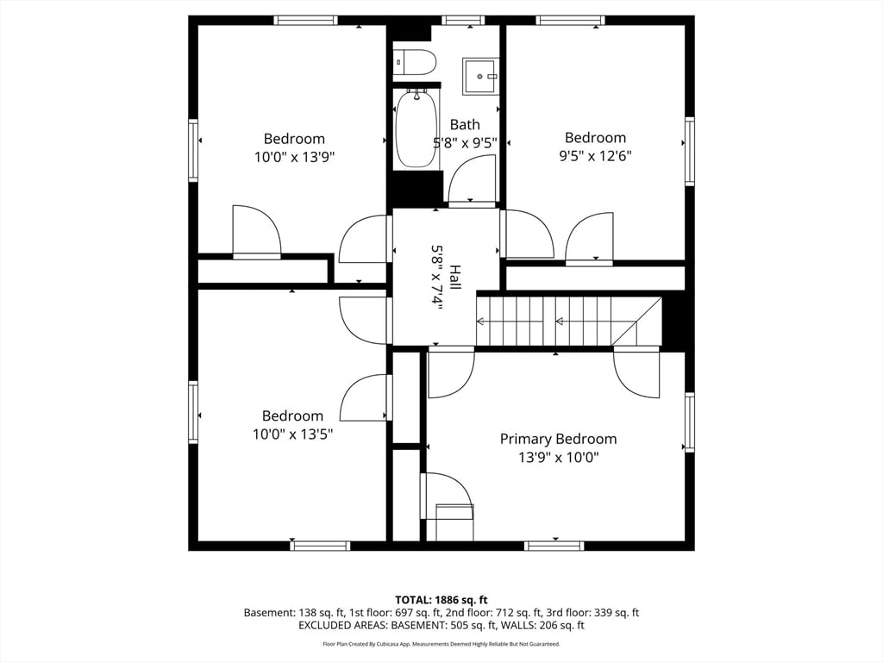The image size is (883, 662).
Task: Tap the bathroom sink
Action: tap(480, 76)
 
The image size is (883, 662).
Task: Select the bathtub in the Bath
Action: tap(416, 129)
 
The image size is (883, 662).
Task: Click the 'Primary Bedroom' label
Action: tap(558, 439)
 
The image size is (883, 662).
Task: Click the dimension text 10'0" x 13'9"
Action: tap(294, 157)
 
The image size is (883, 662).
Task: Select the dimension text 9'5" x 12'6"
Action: tap(594, 156)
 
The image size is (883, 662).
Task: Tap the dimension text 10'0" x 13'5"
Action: tap(292, 434)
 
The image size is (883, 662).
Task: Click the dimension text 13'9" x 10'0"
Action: tap(558, 458)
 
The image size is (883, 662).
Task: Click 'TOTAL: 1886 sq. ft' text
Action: tap(441, 599)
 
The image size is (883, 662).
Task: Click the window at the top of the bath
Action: tap(463, 20)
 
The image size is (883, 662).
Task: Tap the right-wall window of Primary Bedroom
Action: tap(689, 422)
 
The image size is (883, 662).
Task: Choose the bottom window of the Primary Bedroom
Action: tap(554, 546)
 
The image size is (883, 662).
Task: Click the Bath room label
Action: tap(465, 125)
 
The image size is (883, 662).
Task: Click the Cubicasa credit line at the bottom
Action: tap(441, 644)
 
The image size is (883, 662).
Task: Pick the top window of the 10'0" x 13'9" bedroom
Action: tap(305, 20)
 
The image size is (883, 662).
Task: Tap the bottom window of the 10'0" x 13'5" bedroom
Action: tap(320, 546)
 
